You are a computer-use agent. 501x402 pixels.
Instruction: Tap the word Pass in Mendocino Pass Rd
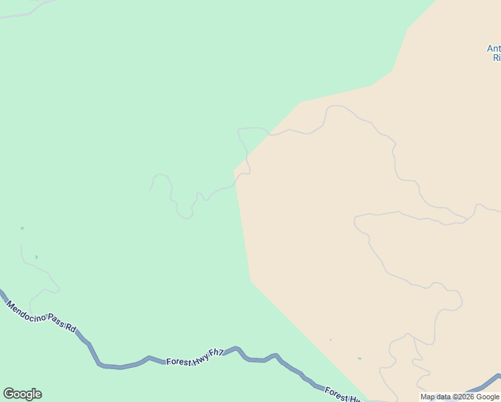coord(56,324)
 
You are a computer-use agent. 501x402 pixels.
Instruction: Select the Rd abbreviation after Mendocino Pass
coord(72,331)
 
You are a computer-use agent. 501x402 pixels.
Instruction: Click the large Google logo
coord(22,394)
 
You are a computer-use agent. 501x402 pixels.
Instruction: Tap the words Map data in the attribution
coord(435,397)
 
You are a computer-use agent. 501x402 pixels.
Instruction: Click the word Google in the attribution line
coord(488,397)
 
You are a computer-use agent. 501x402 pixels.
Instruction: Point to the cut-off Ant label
coord(494,48)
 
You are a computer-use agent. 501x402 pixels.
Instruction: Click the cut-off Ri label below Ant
coord(497,58)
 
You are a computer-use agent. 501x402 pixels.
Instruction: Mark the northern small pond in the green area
coord(22,228)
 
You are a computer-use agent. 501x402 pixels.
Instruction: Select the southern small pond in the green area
coord(36,257)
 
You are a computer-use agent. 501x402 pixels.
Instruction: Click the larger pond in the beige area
coord(360,358)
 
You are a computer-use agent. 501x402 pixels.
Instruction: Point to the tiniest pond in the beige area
coord(330,340)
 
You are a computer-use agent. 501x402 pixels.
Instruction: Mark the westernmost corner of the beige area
coord(234,172)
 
